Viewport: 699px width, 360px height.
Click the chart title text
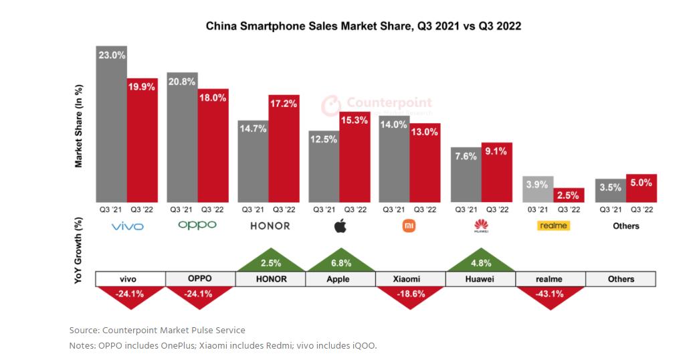[363, 27]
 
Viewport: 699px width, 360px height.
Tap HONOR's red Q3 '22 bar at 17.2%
[284, 151]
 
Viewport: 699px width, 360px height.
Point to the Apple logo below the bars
[340, 226]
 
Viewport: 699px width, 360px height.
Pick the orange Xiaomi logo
[409, 226]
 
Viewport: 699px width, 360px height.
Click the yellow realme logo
[553, 226]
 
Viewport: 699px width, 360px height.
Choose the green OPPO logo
[197, 226]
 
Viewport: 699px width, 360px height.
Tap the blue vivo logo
[127, 226]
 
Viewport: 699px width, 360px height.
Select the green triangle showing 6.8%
[340, 259]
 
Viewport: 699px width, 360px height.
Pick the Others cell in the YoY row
[621, 279]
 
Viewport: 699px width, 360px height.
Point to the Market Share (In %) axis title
[78, 126]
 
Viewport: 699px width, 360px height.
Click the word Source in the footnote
[83, 330]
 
